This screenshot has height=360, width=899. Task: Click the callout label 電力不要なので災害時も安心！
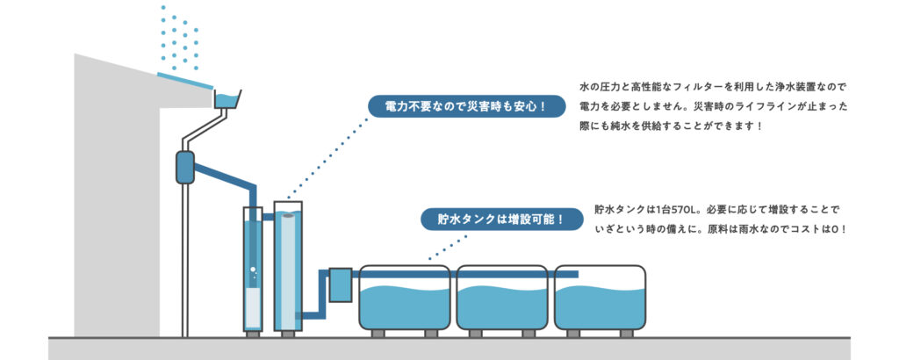tap(464, 107)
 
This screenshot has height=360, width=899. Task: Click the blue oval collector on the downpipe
tap(184, 167)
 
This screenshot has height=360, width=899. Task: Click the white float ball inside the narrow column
tap(253, 269)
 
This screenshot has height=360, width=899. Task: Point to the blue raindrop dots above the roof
tap(180, 40)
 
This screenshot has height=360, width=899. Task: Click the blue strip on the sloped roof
tap(184, 80)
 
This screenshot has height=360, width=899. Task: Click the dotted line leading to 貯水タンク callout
tap(439, 246)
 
